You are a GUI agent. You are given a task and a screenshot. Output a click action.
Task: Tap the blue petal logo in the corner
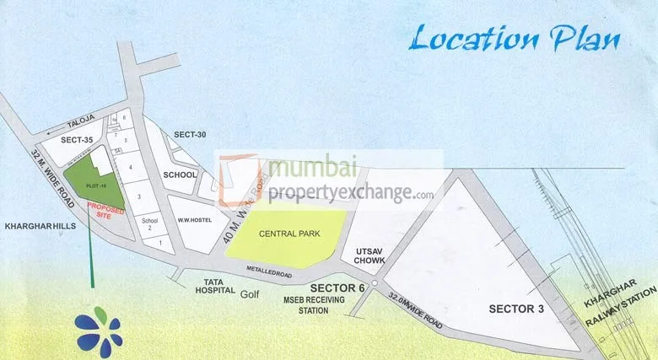point(98,330)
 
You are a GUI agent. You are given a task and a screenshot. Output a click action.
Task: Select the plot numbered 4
point(131,167)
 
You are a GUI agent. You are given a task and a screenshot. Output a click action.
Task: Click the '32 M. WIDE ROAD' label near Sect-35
point(53,178)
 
